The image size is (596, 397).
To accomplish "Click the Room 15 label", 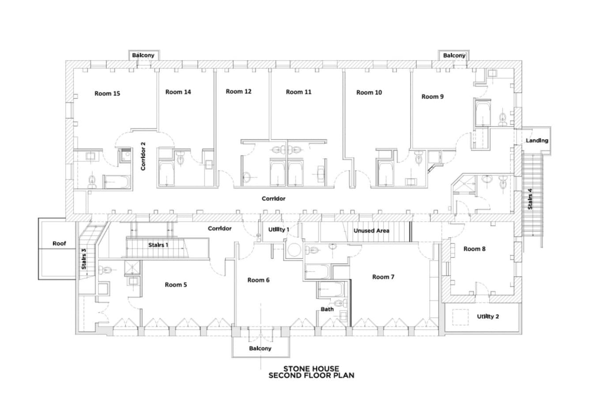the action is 107,94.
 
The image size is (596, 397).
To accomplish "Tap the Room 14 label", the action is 178,92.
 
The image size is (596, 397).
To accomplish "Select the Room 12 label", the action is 238,91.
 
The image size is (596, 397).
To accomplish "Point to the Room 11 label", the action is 298,92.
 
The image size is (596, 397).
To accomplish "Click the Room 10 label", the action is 369,93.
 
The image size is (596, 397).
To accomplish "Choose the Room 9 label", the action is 432,97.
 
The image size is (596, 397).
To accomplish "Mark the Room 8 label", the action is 475,249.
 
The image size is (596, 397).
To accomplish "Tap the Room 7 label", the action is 383,277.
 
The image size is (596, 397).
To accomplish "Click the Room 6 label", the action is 258,280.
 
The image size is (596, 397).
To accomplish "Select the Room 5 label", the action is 176,285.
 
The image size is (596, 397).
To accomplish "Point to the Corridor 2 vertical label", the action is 143,156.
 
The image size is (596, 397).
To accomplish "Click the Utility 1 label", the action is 279,229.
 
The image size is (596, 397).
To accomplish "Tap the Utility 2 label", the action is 488,316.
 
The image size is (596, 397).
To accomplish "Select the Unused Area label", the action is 371,231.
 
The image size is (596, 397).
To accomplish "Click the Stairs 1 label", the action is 158,245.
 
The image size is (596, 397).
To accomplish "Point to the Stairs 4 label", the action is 530,199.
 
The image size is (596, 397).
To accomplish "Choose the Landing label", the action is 537,141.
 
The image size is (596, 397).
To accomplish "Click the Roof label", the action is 59,243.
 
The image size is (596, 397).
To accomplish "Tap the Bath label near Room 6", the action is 327,309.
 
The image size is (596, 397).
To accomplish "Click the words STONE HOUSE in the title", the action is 311,369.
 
